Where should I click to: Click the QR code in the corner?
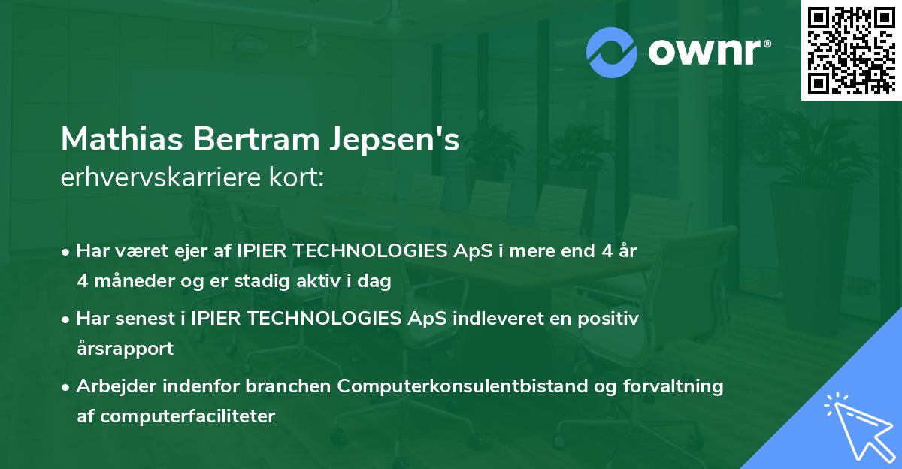point(851,50)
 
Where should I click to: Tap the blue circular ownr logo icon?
point(611,52)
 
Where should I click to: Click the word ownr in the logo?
point(709,53)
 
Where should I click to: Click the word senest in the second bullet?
point(143,319)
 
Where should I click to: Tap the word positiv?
point(608,319)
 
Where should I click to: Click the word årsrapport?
point(125,349)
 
